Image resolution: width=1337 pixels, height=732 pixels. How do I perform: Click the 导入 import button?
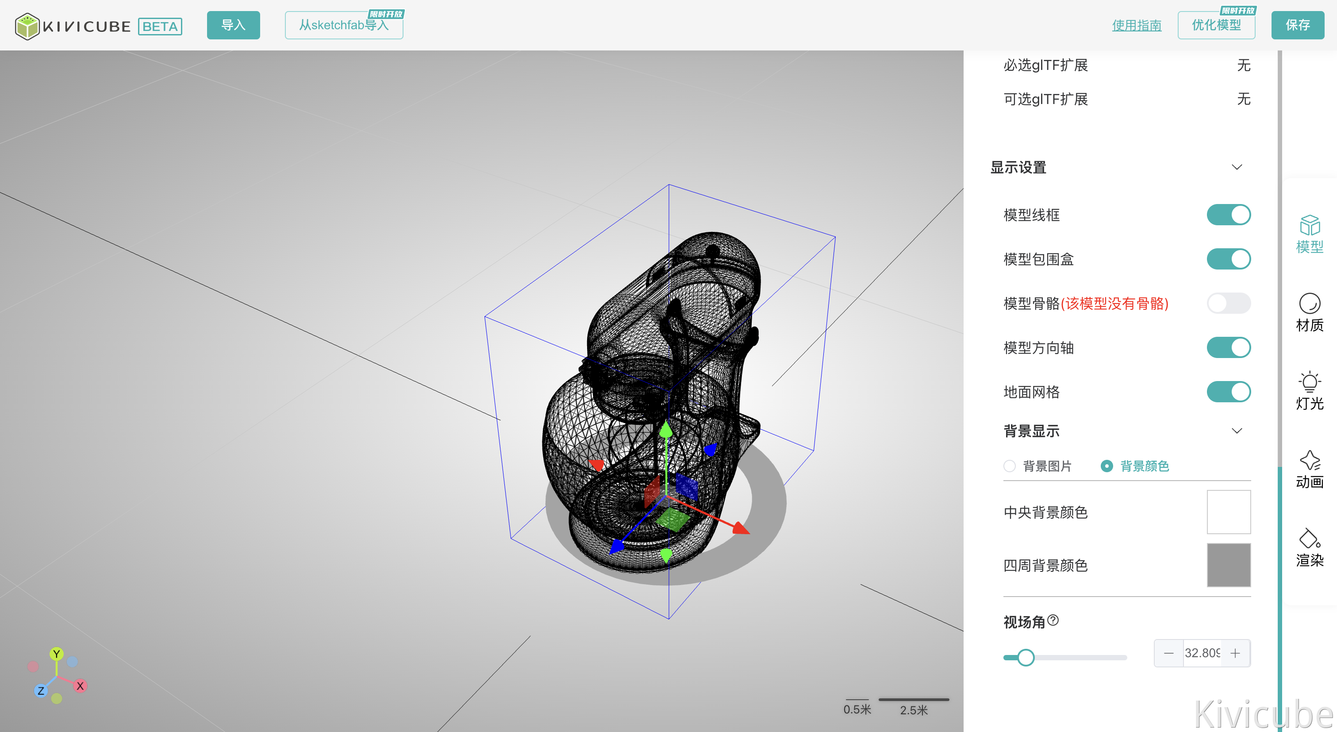click(x=233, y=25)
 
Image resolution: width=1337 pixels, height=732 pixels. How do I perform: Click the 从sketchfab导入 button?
click(x=344, y=25)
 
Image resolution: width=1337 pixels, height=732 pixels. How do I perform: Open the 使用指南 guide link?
click(x=1136, y=25)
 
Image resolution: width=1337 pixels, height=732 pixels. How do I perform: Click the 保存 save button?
click(x=1298, y=25)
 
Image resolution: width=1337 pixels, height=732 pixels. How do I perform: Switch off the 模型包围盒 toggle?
click(x=1228, y=259)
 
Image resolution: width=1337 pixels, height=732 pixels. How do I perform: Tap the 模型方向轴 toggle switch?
click(x=1228, y=348)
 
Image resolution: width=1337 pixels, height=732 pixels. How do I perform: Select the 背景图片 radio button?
click(x=1010, y=466)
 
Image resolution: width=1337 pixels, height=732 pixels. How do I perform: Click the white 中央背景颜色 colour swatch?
click(x=1229, y=512)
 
